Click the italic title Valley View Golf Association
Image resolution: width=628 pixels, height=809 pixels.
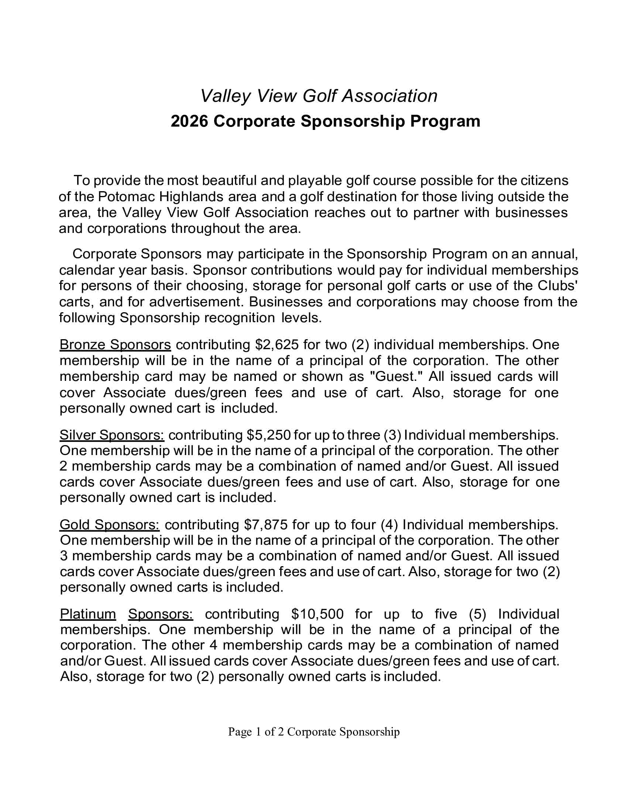(x=319, y=96)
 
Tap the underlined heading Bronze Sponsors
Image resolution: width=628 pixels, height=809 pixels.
(x=115, y=345)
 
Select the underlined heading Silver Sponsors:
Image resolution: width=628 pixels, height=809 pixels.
(x=112, y=435)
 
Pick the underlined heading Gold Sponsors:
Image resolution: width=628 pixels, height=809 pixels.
(x=110, y=524)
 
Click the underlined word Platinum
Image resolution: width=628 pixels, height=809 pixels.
(x=88, y=615)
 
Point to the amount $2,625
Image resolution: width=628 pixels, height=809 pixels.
(x=277, y=345)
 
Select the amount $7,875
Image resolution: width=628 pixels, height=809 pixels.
(x=266, y=524)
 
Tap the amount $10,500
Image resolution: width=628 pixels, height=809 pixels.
(x=318, y=615)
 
